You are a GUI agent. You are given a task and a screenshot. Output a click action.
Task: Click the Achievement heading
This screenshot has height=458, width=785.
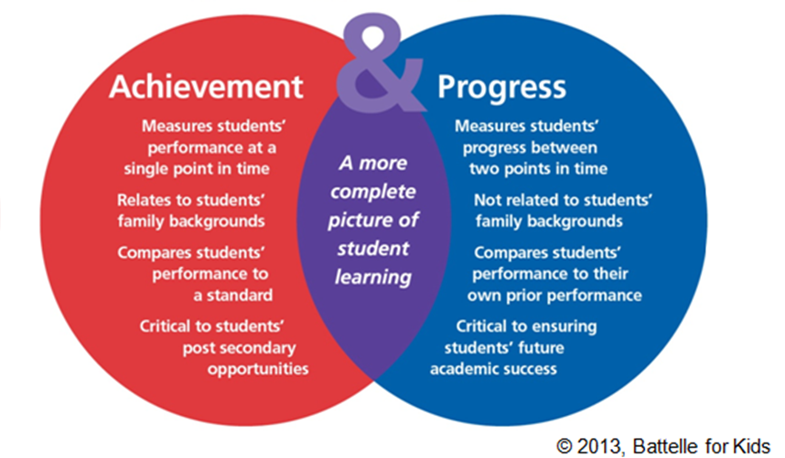coord(205,87)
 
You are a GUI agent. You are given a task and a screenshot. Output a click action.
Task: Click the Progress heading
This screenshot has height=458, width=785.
coord(501,87)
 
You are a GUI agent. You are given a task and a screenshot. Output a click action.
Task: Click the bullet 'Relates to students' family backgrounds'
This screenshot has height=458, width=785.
coord(191,209)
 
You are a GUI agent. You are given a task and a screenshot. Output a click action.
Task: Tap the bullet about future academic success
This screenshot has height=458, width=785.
coord(513,346)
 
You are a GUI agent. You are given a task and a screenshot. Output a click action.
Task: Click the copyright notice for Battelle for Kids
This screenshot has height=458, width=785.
coord(667,445)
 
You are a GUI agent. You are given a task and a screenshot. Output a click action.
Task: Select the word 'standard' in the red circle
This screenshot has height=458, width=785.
coord(240,294)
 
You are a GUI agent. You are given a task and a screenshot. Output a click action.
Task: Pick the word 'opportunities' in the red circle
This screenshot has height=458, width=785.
coord(257,368)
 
